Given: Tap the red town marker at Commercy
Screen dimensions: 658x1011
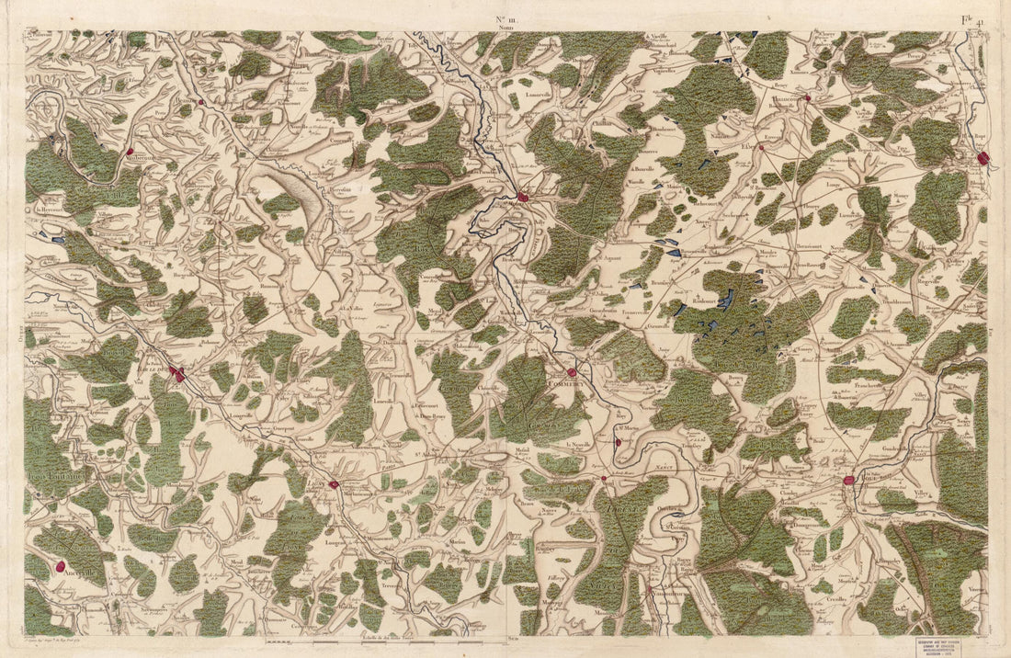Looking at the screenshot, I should [x=572, y=372].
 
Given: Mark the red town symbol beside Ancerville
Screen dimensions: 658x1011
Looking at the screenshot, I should [x=62, y=568].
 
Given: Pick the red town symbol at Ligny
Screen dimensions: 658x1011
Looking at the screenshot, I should [x=334, y=484].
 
